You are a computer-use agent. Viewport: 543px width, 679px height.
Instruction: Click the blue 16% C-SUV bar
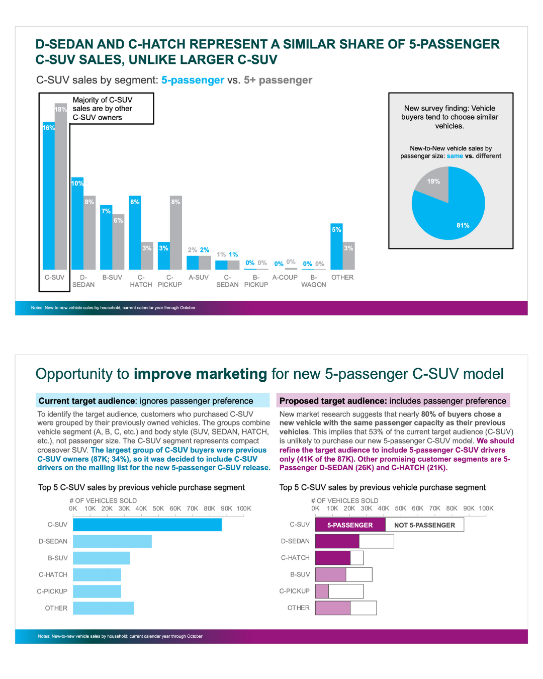[x=48, y=196]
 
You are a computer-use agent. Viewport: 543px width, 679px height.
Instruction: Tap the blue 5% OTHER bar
[x=336, y=246]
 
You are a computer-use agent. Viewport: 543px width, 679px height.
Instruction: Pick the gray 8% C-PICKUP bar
[x=176, y=232]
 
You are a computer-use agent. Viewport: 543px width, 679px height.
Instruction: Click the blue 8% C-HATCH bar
[x=135, y=232]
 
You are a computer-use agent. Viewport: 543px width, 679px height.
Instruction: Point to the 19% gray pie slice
[x=434, y=186]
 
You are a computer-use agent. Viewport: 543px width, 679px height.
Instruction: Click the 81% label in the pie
[x=463, y=225]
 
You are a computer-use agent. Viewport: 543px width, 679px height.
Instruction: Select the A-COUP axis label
[x=285, y=277]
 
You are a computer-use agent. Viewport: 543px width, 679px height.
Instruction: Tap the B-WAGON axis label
[x=314, y=281]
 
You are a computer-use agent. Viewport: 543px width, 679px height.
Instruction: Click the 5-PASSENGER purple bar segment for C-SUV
[x=350, y=525]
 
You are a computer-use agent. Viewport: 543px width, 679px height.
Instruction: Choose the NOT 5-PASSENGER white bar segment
[x=424, y=525]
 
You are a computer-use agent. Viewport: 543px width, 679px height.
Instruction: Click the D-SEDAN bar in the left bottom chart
[x=112, y=541]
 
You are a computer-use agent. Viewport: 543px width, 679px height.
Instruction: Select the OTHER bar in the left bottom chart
[x=104, y=608]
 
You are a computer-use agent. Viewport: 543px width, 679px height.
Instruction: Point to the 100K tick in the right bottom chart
[x=486, y=508]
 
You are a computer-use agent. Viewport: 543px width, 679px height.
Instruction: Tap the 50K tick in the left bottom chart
[x=158, y=508]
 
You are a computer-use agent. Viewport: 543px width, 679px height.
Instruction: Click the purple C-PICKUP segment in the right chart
[x=322, y=591]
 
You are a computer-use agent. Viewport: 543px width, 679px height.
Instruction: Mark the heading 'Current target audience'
[x=87, y=401]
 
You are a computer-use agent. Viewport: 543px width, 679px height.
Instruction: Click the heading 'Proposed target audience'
[x=333, y=401]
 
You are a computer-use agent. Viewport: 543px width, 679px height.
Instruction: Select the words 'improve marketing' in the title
[x=200, y=374]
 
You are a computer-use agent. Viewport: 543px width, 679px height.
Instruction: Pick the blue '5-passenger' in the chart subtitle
[x=193, y=80]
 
